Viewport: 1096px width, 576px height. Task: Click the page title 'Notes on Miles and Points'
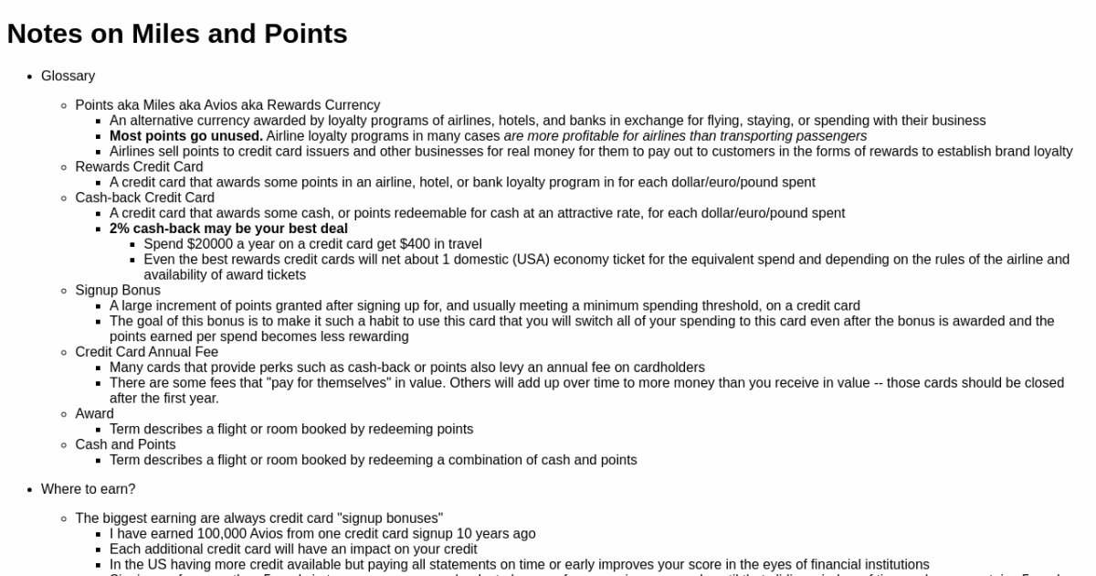[177, 34]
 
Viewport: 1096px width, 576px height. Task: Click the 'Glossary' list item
[68, 76]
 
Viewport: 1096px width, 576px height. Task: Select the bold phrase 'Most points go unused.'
[185, 136]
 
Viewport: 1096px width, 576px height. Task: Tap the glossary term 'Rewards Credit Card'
[139, 166]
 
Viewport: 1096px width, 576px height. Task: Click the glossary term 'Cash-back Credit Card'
[144, 197]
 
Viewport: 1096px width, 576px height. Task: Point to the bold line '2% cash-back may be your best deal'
[228, 229]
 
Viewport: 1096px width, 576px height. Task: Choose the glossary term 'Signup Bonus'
[118, 290]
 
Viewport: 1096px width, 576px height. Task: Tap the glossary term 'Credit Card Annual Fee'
[146, 352]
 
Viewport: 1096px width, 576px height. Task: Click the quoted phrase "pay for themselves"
[327, 383]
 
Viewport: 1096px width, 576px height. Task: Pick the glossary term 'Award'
[94, 413]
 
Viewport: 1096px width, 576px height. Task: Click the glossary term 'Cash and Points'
[125, 444]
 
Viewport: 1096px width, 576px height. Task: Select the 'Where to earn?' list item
[88, 489]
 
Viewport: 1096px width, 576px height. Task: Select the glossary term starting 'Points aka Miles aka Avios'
[227, 105]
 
